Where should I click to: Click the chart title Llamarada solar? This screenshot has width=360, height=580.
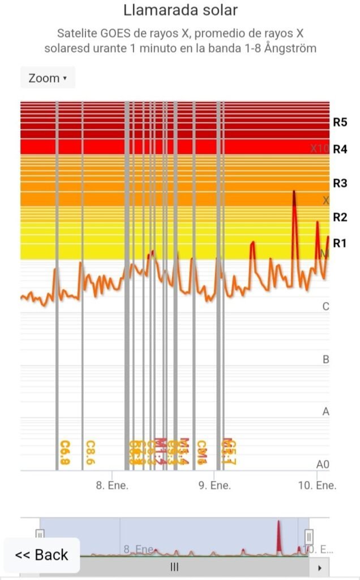[x=180, y=10]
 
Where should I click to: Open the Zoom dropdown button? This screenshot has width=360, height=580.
[x=48, y=78]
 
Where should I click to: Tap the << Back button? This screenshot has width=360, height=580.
[x=42, y=555]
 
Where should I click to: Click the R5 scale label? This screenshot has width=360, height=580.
[x=340, y=122]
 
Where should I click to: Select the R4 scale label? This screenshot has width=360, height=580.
[x=340, y=150]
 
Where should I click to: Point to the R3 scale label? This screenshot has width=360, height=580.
[x=340, y=183]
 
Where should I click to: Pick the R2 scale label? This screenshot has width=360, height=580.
[x=340, y=217]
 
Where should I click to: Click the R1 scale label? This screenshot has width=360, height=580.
[x=340, y=243]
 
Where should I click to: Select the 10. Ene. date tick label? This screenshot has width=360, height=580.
[x=318, y=485]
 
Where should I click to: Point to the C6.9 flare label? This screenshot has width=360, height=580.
[x=65, y=453]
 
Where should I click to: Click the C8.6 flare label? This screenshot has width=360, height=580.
[x=90, y=453]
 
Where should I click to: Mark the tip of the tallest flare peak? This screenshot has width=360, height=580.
[x=294, y=192]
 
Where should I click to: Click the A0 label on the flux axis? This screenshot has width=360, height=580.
[x=323, y=464]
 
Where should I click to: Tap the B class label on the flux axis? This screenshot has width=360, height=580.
[x=325, y=359]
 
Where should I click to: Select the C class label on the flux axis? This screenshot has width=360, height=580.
[x=325, y=306]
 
